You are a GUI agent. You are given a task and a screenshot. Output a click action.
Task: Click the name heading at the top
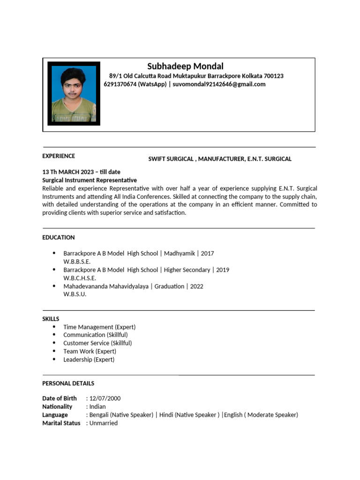185,66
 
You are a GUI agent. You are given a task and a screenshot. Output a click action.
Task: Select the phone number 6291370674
120,84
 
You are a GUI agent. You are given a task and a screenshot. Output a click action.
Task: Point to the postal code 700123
274,76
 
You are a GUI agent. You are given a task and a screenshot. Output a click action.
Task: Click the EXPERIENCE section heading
59,156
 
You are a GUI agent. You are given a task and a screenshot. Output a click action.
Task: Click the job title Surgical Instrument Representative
90,180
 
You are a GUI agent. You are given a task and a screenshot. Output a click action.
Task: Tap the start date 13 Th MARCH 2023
69,172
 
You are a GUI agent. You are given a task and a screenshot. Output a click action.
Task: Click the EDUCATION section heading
59,238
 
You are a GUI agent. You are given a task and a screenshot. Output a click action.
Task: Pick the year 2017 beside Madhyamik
207,254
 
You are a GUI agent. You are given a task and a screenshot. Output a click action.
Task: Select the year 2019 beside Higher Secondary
223,270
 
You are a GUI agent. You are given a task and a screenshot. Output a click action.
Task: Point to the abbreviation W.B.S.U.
75,294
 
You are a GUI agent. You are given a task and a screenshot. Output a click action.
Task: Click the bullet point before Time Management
54,327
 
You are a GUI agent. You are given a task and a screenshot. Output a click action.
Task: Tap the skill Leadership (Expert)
89,360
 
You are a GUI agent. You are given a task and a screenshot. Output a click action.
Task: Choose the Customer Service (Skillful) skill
97,343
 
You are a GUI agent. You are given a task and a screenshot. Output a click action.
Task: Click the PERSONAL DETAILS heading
68,383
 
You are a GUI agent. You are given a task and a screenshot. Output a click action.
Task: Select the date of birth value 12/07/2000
105,398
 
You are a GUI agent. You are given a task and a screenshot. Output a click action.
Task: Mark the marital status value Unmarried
103,423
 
